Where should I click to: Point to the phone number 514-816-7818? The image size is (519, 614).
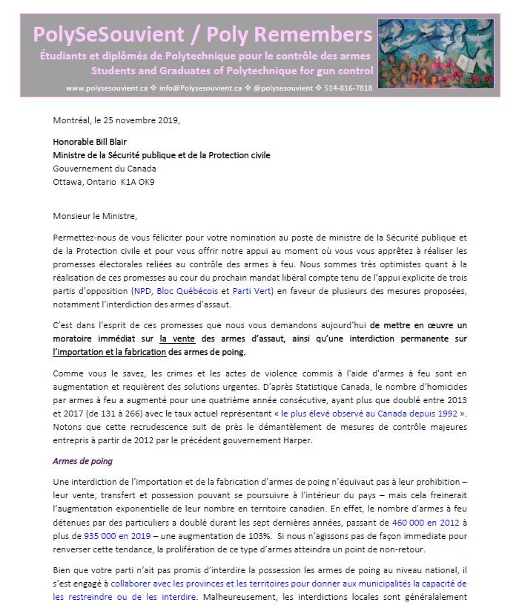tap(344, 88)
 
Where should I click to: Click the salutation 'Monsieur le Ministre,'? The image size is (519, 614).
tap(96, 216)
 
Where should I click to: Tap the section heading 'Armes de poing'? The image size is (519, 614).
tap(82, 461)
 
